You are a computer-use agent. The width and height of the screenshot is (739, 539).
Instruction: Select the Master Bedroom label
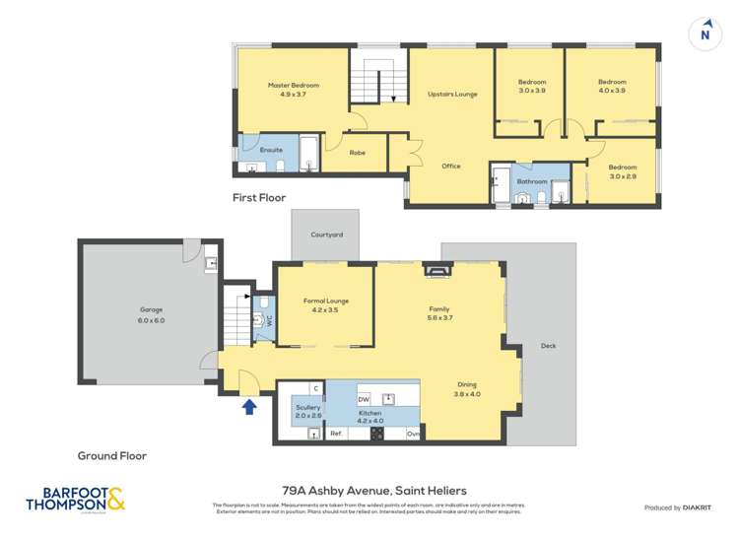point(294,90)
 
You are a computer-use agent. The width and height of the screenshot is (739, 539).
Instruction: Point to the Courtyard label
point(326,236)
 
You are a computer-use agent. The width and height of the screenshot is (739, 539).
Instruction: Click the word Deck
point(548,346)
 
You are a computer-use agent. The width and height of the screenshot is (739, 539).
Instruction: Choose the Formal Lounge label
point(325,305)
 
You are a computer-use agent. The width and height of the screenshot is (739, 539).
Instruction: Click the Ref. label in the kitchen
point(335,434)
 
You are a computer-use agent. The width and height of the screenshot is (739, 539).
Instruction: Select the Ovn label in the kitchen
point(414,434)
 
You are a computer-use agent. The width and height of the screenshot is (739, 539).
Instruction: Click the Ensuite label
point(271,150)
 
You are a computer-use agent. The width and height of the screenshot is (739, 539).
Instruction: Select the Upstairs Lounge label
point(452,94)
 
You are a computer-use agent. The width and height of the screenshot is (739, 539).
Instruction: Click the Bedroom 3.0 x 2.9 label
point(622,171)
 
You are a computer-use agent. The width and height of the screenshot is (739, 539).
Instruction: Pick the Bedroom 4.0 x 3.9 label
point(612,86)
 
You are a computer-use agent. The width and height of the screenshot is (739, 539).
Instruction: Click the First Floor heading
point(259,198)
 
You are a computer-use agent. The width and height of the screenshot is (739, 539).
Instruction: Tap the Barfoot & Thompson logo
point(76,500)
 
